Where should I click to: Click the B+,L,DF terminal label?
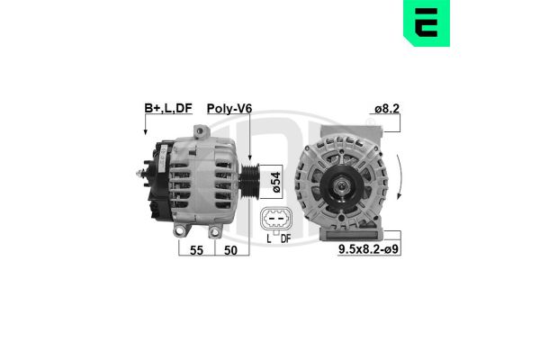pyautogui.click(x=168, y=108)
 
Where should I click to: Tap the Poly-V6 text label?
pyautogui.click(x=229, y=109)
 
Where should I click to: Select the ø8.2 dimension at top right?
pyautogui.click(x=387, y=109)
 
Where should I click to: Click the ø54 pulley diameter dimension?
pyautogui.click(x=276, y=182)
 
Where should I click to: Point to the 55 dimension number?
pyautogui.click(x=196, y=250)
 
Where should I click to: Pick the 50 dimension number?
pyautogui.click(x=230, y=250)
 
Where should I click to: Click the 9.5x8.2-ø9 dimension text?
pyautogui.click(x=369, y=249)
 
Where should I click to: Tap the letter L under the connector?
pyautogui.click(x=269, y=238)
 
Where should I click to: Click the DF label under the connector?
pyautogui.click(x=285, y=238)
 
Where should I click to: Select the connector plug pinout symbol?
pyautogui.click(x=276, y=220)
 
